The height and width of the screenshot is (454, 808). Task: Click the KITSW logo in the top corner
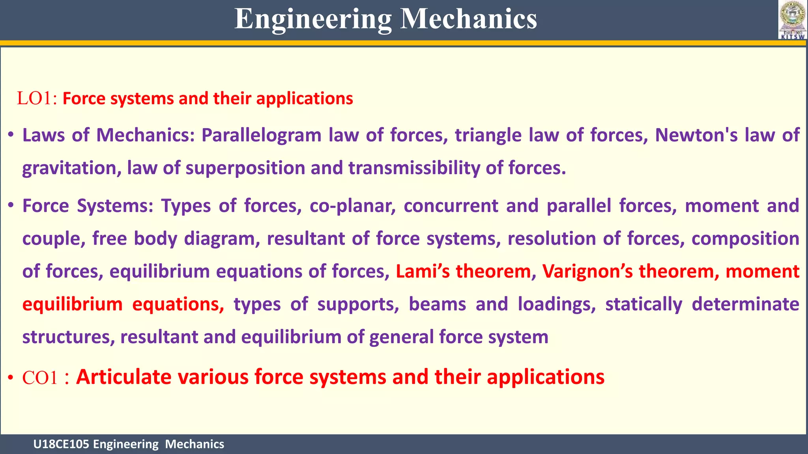pyautogui.click(x=792, y=20)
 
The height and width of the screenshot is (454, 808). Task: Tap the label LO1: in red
pyautogui.click(x=37, y=99)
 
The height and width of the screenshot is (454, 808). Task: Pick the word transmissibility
pyautogui.click(x=414, y=168)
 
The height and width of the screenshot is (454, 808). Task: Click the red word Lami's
pyautogui.click(x=423, y=272)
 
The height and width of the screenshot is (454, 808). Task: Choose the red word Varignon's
pyautogui.click(x=587, y=272)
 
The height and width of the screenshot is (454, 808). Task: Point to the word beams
pyautogui.click(x=437, y=304)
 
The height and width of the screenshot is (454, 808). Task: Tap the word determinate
pyautogui.click(x=745, y=304)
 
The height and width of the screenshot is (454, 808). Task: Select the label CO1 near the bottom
pyautogui.click(x=40, y=378)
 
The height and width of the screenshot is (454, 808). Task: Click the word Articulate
pyautogui.click(x=124, y=377)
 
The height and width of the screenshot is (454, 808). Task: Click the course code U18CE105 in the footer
pyautogui.click(x=61, y=444)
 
